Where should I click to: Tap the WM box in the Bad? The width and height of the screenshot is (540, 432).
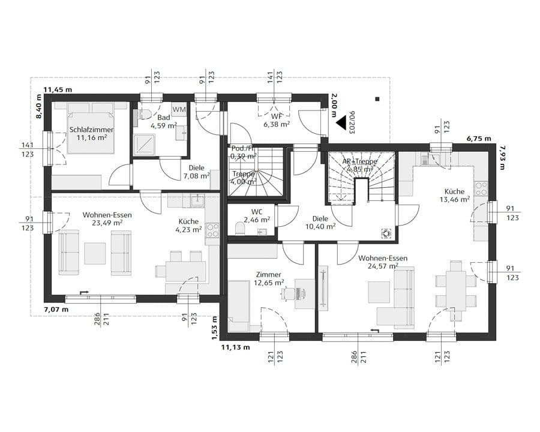point(179,109)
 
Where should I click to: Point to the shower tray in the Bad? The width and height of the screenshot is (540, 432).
point(145,145)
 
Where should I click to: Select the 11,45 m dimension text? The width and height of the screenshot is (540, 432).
point(58,90)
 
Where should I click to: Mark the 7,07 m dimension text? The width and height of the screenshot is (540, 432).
point(56,310)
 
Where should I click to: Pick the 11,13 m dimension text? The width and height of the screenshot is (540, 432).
point(235,347)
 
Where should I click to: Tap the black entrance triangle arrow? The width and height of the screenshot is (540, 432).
point(342,122)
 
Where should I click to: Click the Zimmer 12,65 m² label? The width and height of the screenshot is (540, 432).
point(268,279)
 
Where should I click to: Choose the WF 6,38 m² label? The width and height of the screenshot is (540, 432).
point(277,121)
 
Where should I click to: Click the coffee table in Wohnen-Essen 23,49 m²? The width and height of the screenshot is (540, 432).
point(95,253)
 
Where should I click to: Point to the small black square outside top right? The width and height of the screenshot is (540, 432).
point(377,99)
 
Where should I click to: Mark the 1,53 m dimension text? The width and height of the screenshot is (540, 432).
point(214,329)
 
